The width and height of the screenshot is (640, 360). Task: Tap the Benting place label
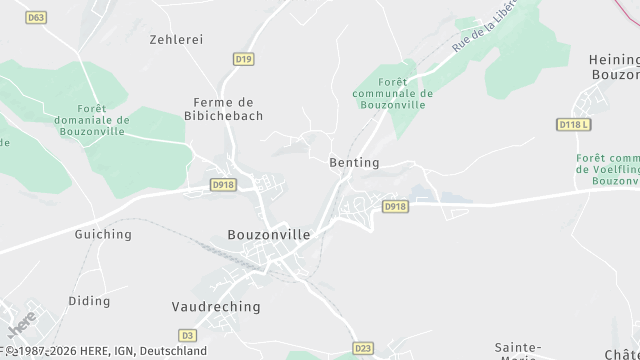pos(354,162)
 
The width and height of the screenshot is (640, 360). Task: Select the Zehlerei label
pos(176,39)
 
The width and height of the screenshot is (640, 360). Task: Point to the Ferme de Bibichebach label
pos(228,109)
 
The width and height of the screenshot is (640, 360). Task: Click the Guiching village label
pos(103,234)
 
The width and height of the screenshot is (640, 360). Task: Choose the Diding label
pos(89,300)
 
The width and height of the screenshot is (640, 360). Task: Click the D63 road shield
pos(37,17)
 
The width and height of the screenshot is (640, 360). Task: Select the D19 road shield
pos(243,59)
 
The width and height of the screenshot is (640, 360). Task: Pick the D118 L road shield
pos(574,124)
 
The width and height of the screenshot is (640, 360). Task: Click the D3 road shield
pos(187,335)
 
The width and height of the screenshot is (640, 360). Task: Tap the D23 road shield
pos(364,350)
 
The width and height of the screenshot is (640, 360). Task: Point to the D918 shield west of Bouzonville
pos(223,185)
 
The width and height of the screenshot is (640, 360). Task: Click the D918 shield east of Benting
pos(396,206)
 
